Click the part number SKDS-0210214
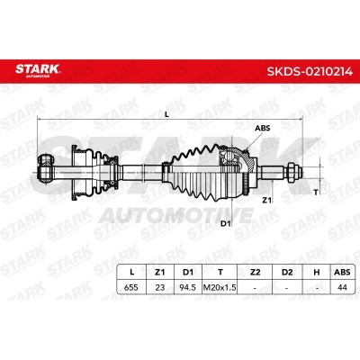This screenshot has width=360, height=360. [310, 71]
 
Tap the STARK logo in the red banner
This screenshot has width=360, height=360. [38, 70]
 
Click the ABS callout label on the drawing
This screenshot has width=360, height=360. [263, 128]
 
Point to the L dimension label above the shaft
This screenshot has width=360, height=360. [167, 114]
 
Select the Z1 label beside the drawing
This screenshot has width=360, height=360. [266, 200]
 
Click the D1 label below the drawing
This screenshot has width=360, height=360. [225, 223]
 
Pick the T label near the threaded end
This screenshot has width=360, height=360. [315, 193]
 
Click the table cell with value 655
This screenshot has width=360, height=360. [131, 287]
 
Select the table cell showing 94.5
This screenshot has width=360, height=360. [187, 287]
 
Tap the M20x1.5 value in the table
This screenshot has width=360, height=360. [220, 287]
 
